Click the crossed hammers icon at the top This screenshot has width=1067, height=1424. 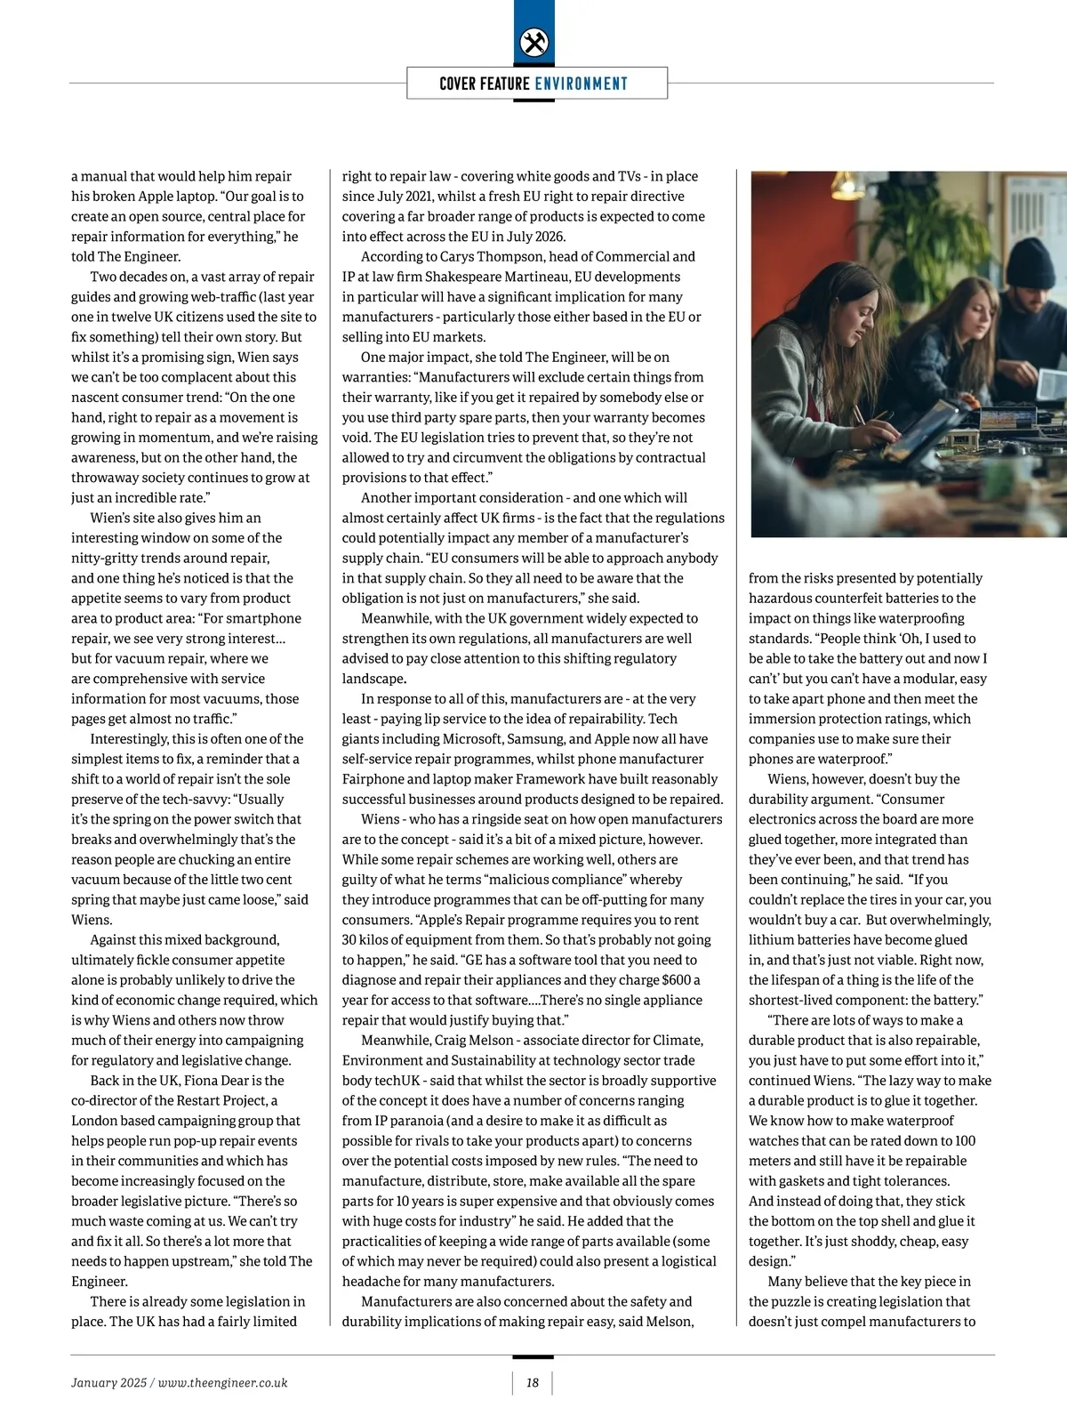533,43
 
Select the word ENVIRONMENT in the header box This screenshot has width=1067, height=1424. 581,84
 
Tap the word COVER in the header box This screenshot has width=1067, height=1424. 457,84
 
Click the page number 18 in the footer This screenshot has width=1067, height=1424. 533,1382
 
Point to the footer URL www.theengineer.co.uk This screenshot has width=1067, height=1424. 223,1382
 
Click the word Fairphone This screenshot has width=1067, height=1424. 374,779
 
